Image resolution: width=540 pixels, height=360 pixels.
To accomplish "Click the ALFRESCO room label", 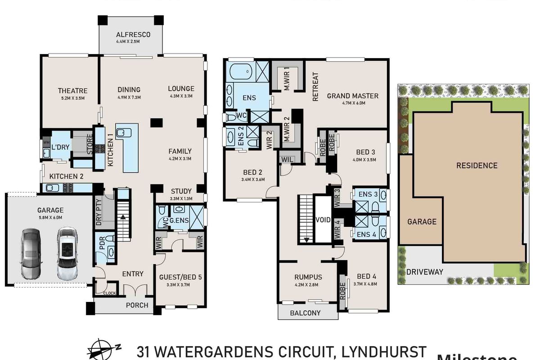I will pos(133,34).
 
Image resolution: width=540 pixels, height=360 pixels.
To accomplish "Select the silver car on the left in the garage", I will pos(29,253).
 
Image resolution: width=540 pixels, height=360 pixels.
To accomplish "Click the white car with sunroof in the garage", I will pos(66,253).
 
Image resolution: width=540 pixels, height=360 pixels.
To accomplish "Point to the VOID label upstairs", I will pos(323,220).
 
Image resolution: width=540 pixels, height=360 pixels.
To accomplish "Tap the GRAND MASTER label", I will pos(352,95).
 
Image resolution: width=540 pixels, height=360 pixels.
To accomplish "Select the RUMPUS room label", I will pos(308,277).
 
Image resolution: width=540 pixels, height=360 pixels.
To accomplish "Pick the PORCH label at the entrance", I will pos(137,305).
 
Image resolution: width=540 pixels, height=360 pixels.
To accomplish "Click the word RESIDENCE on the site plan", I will pos(477,165).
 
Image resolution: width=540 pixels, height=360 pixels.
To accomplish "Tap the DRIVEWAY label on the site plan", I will pos(425,272).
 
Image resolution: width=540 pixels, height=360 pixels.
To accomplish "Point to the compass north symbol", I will pos(103,349).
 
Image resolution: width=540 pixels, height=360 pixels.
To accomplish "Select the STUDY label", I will pos(181,191).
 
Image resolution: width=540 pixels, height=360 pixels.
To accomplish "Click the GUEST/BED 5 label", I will pos(180,277).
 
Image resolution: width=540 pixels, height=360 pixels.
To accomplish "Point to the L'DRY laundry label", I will pos(59,147).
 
